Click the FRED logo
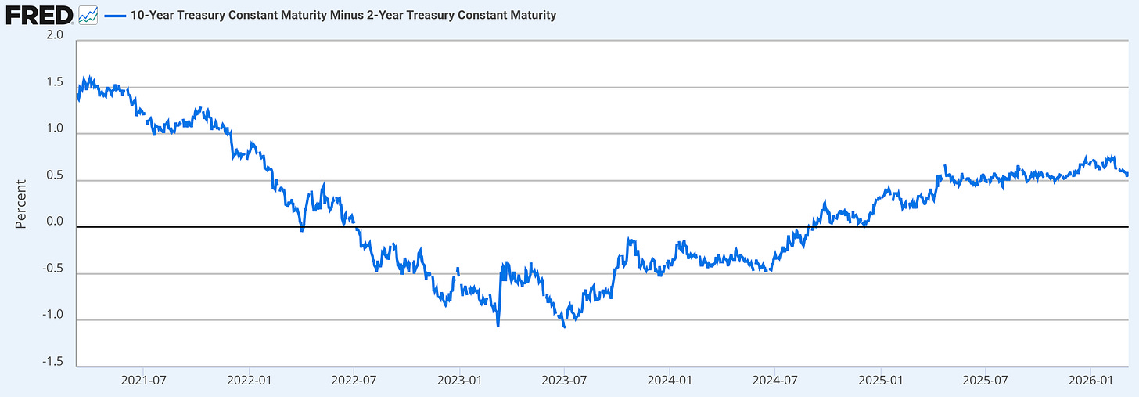pyautogui.click(x=39, y=16)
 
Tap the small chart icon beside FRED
pyautogui.click(x=88, y=16)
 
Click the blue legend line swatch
pyautogui.click(x=115, y=16)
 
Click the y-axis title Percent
pyautogui.click(x=20, y=204)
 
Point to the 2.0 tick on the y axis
pyautogui.click(x=55, y=34)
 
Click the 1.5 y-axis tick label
pyautogui.click(x=55, y=82)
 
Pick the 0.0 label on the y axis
pyautogui.click(x=55, y=222)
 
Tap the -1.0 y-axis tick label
pyautogui.click(x=52, y=315)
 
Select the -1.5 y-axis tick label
pyautogui.click(x=52, y=362)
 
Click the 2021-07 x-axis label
pyautogui.click(x=143, y=381)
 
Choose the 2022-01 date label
pyautogui.click(x=249, y=381)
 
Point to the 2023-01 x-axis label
pyautogui.click(x=460, y=381)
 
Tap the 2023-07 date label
pyautogui.click(x=564, y=381)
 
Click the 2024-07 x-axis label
pyautogui.click(x=775, y=381)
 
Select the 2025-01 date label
pyautogui.click(x=881, y=381)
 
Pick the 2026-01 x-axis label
pyautogui.click(x=1090, y=381)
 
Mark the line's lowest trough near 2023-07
pyautogui.click(x=565, y=327)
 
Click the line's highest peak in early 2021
pyautogui.click(x=90, y=77)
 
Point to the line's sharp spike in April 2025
pyautogui.click(x=945, y=166)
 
